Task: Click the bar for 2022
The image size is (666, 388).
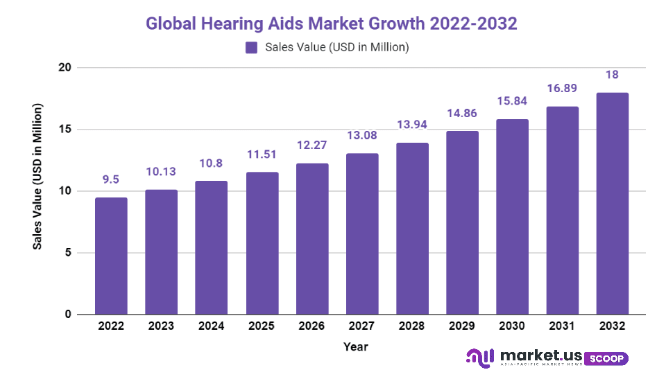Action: [x=111, y=256]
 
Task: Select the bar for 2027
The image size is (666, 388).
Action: [x=362, y=233]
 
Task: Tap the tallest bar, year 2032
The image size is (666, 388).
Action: [x=613, y=204]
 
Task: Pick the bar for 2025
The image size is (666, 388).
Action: [x=262, y=243]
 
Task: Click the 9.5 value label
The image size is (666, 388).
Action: [x=111, y=179]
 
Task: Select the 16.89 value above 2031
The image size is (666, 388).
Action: [x=563, y=88]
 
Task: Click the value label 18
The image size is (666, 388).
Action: [x=613, y=74]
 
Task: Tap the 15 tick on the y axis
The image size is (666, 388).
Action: [x=64, y=130]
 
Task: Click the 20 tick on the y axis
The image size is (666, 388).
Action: [x=64, y=68]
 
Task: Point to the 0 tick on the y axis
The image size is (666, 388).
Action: [x=67, y=315]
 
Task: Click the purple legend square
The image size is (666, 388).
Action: [x=250, y=48]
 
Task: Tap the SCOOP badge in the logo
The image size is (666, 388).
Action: [x=606, y=359]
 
